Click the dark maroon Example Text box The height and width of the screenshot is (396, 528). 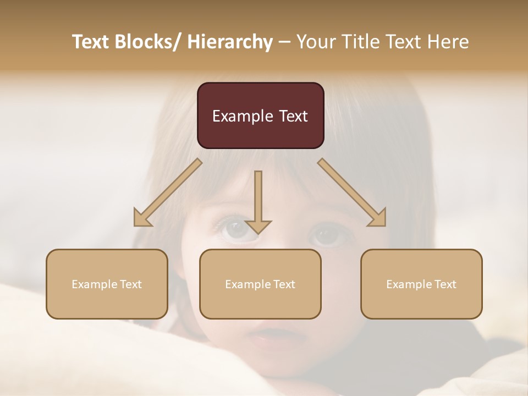tap(260, 116)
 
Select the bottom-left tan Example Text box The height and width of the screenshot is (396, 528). tap(107, 284)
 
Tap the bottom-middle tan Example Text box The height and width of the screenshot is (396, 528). tap(260, 284)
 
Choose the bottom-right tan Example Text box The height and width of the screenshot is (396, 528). tap(421, 284)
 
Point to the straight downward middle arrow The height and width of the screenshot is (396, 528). tap(258, 201)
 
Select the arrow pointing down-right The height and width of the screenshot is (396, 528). tap(352, 193)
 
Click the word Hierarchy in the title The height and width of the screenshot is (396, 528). tap(230, 42)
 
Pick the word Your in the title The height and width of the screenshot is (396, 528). tap(316, 42)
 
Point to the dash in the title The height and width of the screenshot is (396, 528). tap(284, 42)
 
